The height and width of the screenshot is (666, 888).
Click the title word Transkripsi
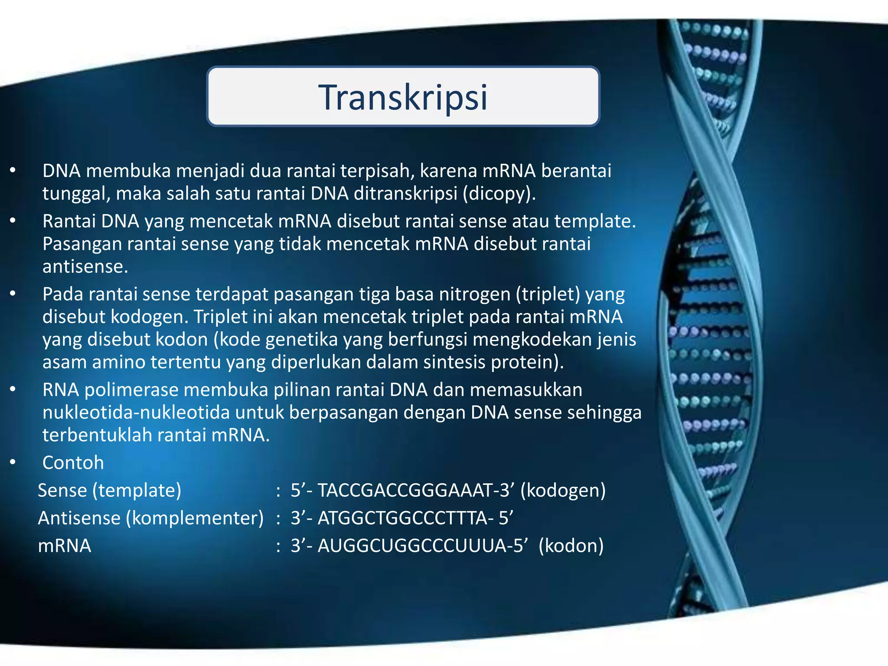coord(403,98)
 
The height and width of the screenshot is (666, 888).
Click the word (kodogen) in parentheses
coord(563,490)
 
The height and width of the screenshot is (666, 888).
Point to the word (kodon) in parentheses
coord(571,545)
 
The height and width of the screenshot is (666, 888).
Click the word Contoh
coord(73,463)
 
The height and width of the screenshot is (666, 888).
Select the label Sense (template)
coord(109,490)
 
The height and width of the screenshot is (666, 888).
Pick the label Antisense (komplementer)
coord(150,518)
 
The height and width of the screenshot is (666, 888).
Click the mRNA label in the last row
coord(64,545)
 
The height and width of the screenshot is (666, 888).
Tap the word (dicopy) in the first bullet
coord(499,193)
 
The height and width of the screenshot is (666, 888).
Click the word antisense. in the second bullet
coord(85,266)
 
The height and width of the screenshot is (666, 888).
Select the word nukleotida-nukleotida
coord(136,412)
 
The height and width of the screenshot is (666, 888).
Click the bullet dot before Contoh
coord(13,463)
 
